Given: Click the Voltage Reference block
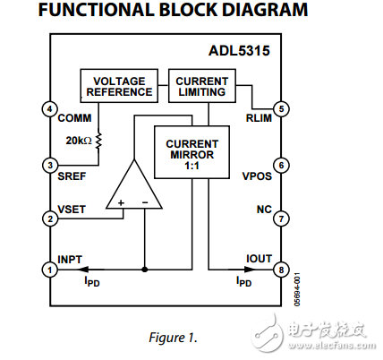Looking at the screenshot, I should (119, 86).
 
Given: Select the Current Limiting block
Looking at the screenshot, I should (201, 86).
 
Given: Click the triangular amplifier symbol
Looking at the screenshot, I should (132, 188).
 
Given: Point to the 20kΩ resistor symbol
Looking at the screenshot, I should (98, 141).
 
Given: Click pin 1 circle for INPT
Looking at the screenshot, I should (48, 269).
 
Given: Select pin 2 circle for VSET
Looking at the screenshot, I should (48, 218).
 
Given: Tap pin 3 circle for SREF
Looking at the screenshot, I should (48, 165).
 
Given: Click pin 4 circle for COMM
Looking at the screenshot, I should (48, 109).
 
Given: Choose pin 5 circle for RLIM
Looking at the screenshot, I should (281, 109).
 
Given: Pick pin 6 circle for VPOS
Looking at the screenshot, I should (281, 165).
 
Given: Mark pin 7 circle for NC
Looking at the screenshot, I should (281, 218).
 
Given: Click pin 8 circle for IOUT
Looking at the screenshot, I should (281, 269).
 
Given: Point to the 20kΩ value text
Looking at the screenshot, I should (79, 140).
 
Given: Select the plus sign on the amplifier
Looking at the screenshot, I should (120, 203).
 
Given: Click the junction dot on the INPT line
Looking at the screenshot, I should (143, 269).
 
